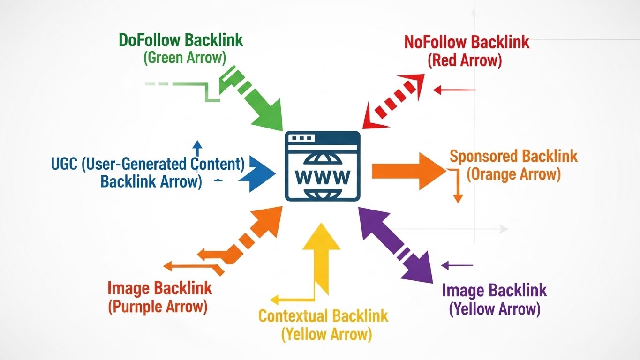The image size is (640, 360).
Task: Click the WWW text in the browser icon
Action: pos(322,177)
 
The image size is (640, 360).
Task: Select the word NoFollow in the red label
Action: pos(436,42)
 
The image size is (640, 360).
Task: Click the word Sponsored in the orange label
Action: pos(483,156)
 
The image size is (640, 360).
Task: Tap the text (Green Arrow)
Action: pos(184,58)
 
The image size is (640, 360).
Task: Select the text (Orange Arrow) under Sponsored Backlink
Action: pos(513,174)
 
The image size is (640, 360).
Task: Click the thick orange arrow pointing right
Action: pos(408,171)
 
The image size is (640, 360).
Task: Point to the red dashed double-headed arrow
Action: pos(394,100)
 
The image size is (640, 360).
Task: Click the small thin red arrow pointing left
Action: pos(454,90)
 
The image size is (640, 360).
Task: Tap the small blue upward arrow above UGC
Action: pos(197,148)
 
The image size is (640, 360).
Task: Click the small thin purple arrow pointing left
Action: pos(457,266)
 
